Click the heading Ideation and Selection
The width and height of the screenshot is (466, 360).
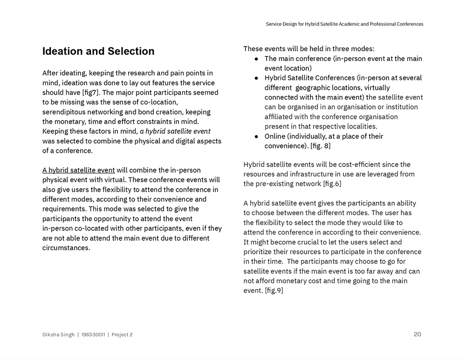(98, 51)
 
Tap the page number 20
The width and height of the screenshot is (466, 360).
(417, 334)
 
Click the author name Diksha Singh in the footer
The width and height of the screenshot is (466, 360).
(58, 334)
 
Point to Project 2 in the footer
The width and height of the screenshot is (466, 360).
(122, 334)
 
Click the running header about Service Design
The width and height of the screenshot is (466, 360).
(344, 24)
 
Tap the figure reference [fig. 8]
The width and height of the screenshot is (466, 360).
(320, 146)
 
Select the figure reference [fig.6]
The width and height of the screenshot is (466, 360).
(332, 183)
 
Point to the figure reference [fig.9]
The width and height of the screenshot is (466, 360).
(274, 291)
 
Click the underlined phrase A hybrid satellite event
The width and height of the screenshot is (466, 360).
(78, 170)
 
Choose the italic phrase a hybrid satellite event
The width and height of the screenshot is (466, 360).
(175, 131)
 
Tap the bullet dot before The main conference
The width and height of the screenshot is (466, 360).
(257, 59)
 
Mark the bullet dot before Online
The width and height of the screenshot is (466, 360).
(257, 136)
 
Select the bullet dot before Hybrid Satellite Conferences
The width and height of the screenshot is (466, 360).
(257, 78)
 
